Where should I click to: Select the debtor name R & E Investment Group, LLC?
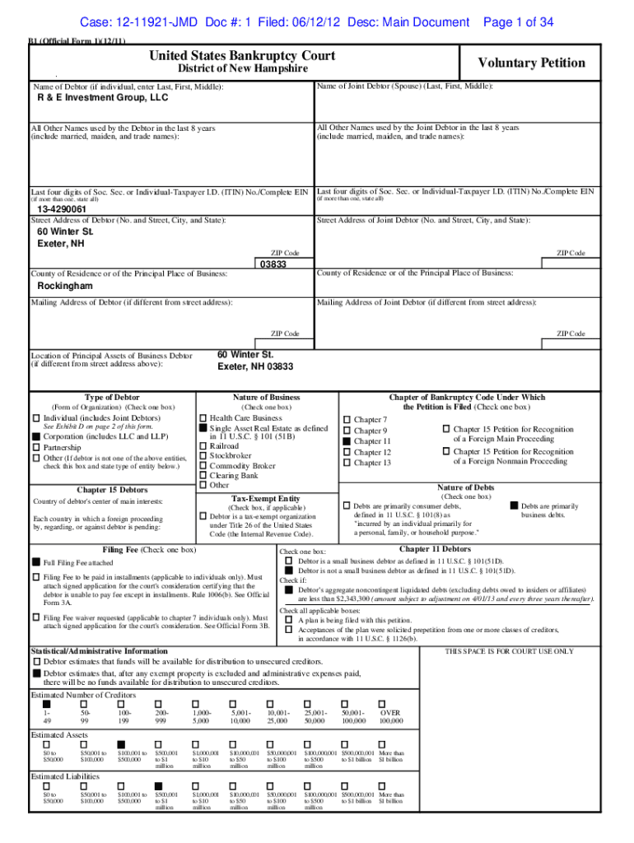[x=103, y=97]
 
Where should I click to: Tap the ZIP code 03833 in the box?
[x=273, y=265]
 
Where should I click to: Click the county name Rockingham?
[x=65, y=286]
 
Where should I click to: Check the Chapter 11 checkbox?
[x=347, y=442]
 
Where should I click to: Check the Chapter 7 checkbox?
[x=347, y=420]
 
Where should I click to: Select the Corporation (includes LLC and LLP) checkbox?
[x=35, y=436]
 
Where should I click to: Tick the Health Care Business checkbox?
[x=203, y=418]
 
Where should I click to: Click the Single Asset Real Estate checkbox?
[x=203, y=429]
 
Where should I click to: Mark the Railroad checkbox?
[x=203, y=445]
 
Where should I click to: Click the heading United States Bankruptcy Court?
[x=242, y=56]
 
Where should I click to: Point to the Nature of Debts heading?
[x=466, y=487]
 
